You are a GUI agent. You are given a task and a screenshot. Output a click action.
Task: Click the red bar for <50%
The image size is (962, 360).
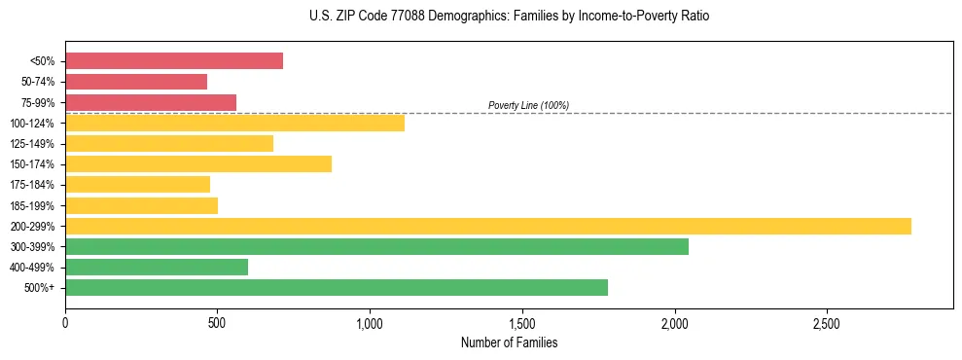pos(174,61)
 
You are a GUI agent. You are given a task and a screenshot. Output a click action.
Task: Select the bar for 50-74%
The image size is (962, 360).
pos(136,82)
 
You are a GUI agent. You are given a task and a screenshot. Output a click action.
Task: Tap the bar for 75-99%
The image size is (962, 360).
pos(151,102)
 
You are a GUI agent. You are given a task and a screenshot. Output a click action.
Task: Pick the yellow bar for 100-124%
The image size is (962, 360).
pos(234,123)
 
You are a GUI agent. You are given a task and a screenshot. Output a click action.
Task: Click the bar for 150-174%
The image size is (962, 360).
pos(198,163)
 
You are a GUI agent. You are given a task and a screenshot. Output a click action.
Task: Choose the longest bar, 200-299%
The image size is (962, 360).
pos(488,226)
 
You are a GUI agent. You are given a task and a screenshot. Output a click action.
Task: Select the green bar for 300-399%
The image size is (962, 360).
pos(376,246)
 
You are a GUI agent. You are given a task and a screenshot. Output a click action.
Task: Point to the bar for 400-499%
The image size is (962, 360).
pos(157,268)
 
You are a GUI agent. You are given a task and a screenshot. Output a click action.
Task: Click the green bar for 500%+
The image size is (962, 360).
pos(337,287)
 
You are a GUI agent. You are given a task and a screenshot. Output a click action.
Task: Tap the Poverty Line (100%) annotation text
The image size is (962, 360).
pos(528,105)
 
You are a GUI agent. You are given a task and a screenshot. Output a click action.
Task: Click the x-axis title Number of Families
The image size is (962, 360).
pos(509,342)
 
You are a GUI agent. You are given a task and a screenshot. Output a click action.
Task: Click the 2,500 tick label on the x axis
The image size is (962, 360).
pos(827,322)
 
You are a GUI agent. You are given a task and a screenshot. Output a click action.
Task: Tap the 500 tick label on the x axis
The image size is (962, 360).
pos(218,322)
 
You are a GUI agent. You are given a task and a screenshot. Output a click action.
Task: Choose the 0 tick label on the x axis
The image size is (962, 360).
pos(65,322)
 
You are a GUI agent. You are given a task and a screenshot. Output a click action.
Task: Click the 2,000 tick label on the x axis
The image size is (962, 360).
pos(674,322)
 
